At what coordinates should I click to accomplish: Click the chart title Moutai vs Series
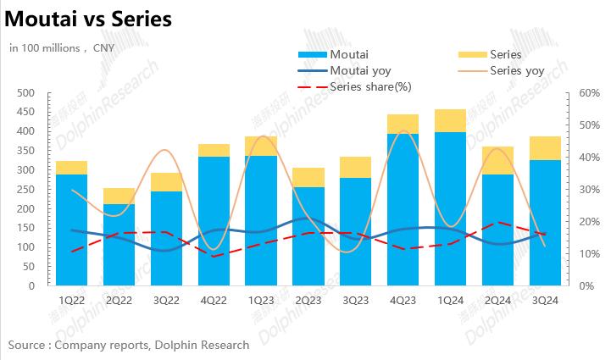pos(88,18)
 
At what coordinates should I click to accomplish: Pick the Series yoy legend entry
pos(516,71)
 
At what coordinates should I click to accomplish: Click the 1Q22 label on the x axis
pos(72,301)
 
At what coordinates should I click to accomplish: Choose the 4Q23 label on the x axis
pos(403,301)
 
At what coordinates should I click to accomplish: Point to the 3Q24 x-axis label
pos(545,301)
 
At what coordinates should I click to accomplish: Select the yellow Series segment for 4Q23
pos(403,124)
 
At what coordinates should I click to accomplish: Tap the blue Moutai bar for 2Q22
pos(119,245)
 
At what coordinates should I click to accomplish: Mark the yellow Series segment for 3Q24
pos(545,148)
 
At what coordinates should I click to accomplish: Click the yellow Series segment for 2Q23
pos(308,177)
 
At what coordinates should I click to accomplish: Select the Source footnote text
pos(129,345)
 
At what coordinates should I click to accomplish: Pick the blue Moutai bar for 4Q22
pos(214,221)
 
